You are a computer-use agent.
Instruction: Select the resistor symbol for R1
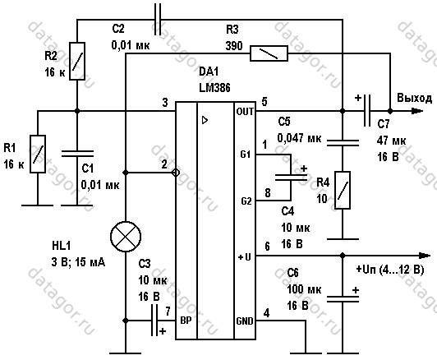38,155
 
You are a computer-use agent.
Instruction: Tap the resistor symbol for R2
77,61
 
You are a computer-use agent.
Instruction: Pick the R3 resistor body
269,53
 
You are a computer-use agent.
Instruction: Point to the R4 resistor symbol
343,190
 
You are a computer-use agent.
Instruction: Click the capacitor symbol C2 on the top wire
158,20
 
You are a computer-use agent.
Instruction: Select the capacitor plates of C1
77,154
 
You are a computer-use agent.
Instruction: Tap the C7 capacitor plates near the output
367,111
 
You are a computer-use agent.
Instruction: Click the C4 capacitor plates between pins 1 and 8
291,178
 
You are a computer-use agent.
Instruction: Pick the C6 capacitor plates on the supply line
343,299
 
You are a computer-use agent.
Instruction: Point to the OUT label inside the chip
245,112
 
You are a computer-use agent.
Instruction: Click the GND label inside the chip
245,321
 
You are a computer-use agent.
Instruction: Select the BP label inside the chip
186,321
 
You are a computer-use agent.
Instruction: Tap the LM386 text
214,88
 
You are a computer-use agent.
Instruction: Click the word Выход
415,98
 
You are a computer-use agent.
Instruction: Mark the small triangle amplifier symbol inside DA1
205,120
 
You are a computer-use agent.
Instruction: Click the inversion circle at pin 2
176,173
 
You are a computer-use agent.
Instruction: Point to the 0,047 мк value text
299,138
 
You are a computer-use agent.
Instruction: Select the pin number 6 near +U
267,247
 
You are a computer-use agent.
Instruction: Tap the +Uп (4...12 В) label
390,270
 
